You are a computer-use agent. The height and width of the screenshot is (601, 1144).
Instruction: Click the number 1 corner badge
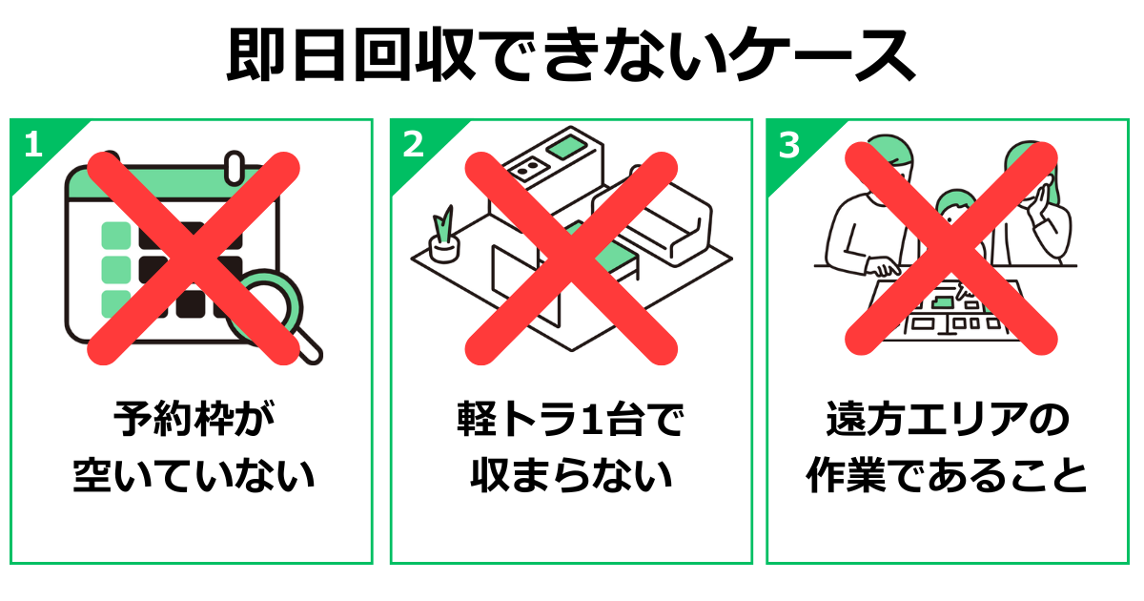coord(34,145)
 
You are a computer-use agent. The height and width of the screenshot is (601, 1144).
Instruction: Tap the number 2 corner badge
coord(414,145)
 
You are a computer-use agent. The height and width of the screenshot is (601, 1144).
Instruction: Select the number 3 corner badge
coord(789,145)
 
